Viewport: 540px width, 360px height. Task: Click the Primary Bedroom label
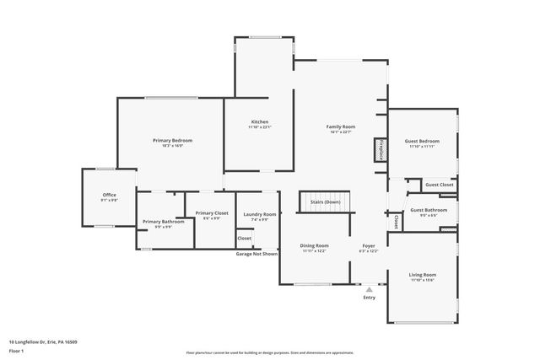(172, 140)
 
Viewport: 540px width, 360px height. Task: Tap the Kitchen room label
(259, 121)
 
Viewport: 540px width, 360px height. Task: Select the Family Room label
(340, 126)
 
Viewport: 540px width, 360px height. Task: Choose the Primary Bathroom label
(157, 222)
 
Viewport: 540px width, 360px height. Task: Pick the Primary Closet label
(212, 213)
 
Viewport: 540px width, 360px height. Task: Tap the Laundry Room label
(259, 214)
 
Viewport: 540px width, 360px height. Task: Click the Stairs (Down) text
(325, 202)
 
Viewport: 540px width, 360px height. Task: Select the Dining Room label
(314, 245)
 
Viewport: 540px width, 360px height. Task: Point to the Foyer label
(369, 245)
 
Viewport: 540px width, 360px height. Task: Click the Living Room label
(423, 275)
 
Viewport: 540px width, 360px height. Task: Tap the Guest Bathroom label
(429, 210)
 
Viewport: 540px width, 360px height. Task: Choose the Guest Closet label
(439, 185)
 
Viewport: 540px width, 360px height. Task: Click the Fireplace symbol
(381, 149)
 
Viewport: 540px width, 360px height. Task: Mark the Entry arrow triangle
(369, 289)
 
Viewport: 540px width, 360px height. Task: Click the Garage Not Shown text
(256, 253)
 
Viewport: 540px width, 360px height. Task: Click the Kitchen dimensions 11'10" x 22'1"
(259, 127)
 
